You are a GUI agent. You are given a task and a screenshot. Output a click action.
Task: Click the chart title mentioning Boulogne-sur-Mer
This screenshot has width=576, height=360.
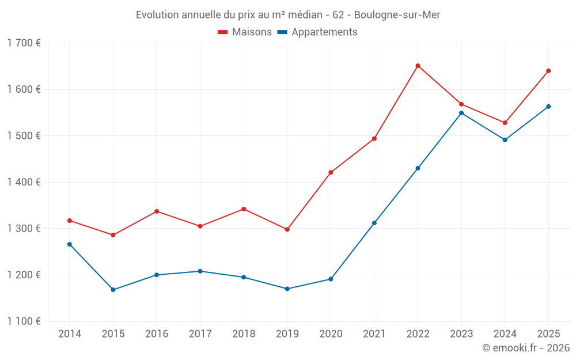point(288,14)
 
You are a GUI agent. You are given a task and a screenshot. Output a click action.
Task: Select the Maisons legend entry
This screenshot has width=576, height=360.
point(245,32)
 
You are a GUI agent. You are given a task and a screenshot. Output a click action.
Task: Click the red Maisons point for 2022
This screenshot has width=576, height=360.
point(418,66)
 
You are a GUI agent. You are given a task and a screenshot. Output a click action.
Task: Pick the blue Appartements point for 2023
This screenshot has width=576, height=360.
point(461,113)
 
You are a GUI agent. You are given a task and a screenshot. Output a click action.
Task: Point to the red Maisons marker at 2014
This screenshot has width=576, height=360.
point(70,221)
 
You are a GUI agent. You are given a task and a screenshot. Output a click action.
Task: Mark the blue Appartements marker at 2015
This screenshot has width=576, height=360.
point(113,290)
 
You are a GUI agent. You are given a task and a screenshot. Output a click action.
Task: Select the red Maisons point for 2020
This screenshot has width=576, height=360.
point(331,172)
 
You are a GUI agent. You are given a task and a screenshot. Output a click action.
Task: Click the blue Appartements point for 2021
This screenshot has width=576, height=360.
point(374,223)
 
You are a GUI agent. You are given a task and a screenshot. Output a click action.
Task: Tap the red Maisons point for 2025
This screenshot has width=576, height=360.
point(548,71)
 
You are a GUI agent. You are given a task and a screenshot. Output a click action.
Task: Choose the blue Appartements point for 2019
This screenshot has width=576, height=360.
point(287,289)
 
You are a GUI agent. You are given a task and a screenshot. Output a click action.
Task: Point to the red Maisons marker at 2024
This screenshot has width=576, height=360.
point(505,123)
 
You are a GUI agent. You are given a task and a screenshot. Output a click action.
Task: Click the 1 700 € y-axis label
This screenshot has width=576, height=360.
point(24,43)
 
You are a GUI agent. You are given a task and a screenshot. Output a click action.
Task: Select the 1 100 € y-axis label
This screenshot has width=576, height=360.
point(24,321)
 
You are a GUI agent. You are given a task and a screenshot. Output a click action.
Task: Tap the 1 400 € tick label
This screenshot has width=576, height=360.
point(24,182)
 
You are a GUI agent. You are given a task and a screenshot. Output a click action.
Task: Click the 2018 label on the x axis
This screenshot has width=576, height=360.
point(244,334)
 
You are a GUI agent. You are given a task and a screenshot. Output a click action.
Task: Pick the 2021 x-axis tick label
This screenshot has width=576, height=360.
point(374,334)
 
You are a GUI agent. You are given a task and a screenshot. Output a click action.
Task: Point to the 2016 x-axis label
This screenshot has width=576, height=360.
point(157,334)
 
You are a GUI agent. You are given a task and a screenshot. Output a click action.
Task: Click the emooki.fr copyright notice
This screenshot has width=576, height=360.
point(525,348)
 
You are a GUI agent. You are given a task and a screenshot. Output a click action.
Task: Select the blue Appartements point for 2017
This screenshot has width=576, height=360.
point(200,271)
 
